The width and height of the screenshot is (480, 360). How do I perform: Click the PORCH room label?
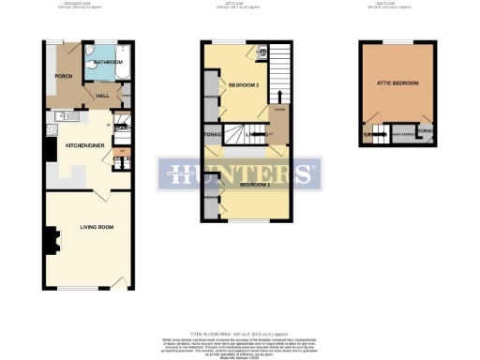(64, 76)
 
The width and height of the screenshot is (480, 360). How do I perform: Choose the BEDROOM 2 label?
(243, 85)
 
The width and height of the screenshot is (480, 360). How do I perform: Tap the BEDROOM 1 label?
(254, 185)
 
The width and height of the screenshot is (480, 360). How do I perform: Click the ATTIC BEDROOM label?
(397, 84)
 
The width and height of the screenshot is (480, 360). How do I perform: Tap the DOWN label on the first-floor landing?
(278, 111)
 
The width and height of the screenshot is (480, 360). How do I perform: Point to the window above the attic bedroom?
(397, 43)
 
